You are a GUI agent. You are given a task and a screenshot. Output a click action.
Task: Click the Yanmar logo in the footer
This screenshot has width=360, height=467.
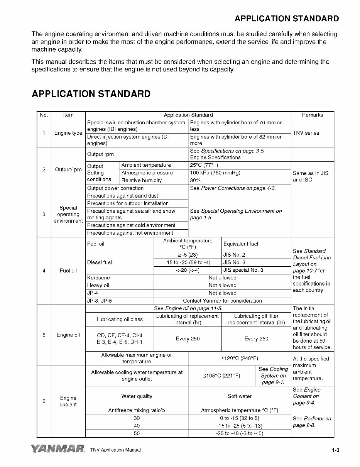click(58, 449)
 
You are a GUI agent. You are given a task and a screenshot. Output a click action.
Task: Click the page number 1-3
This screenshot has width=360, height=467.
click(335, 450)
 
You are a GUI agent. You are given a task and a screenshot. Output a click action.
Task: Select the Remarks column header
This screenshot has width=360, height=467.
click(312, 115)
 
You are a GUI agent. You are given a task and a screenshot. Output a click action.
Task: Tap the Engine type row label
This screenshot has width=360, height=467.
click(68, 133)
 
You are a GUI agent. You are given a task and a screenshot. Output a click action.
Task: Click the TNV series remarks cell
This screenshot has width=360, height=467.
click(306, 133)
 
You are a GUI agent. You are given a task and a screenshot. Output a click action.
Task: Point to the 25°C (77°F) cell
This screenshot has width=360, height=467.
click(204, 165)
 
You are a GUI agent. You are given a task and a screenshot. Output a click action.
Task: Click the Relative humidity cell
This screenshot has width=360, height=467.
click(142, 181)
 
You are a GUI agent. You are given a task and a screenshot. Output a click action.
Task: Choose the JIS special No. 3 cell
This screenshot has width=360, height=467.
click(243, 270)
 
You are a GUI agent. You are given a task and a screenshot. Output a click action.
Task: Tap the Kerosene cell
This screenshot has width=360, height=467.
click(98, 278)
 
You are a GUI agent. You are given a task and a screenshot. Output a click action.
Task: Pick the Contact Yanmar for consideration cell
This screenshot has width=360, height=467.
click(222, 301)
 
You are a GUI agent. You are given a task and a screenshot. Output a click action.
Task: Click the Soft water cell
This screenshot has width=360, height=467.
click(240, 396)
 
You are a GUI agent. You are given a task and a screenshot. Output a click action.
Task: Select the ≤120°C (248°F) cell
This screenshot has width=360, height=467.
click(240, 358)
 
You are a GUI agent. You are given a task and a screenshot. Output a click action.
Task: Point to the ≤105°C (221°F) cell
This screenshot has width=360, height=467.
click(221, 376)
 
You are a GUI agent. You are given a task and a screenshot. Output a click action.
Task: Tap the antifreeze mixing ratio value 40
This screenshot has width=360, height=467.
click(137, 426)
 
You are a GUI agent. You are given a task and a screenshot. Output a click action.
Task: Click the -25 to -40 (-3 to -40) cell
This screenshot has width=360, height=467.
click(240, 433)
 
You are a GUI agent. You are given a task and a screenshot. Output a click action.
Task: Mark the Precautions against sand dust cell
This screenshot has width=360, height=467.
click(122, 196)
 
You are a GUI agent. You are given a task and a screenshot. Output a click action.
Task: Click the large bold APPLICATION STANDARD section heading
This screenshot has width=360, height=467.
click(91, 94)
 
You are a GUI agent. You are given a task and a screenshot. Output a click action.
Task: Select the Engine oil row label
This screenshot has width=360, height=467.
click(68, 335)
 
